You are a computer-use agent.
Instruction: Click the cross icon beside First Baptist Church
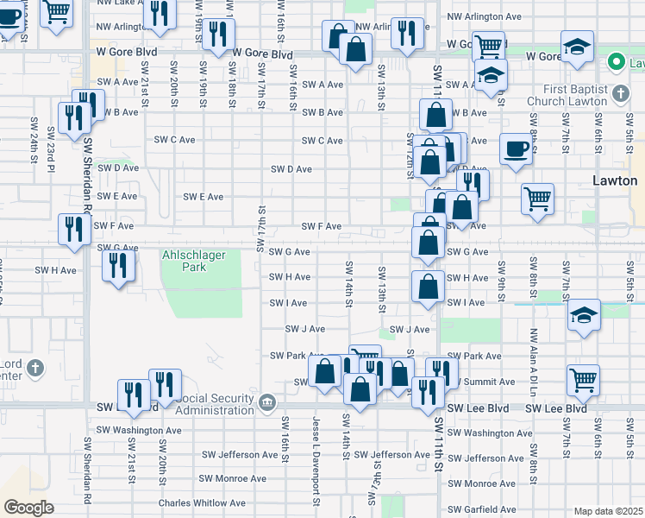[619, 92]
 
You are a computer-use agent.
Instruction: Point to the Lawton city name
[615, 181]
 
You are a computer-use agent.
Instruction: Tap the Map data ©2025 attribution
[608, 511]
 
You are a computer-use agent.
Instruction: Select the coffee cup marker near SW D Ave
[517, 149]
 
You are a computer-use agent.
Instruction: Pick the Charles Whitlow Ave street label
[202, 502]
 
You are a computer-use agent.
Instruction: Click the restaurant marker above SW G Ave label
[73, 231]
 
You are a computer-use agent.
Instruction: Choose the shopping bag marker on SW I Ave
[428, 287]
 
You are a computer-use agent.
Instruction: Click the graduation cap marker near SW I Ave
[584, 317]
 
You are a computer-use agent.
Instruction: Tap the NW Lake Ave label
[121, 3]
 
